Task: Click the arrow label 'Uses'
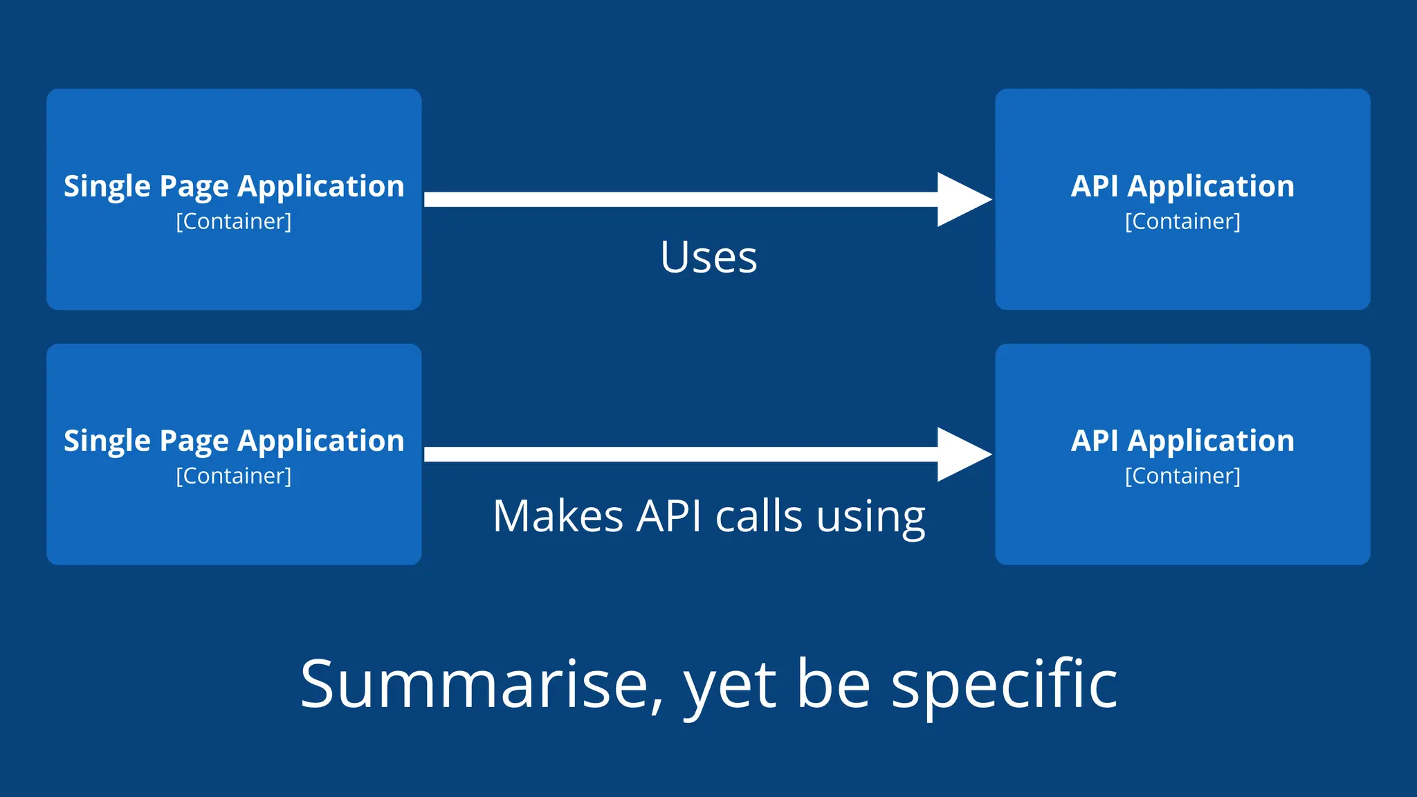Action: tap(708, 257)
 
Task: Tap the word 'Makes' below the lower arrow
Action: tap(558, 516)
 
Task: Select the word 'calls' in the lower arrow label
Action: tap(758, 516)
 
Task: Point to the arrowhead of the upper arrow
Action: tap(963, 199)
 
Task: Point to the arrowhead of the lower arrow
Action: tap(963, 454)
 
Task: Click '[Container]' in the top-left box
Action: tap(234, 221)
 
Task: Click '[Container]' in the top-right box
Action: tap(1182, 221)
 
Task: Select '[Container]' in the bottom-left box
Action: tap(234, 476)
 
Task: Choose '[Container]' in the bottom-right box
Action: tap(1182, 476)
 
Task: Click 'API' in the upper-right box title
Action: tap(1095, 186)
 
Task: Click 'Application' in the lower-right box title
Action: tap(1211, 441)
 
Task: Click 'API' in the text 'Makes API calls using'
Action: tap(668, 516)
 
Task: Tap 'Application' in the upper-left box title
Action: tap(321, 187)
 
